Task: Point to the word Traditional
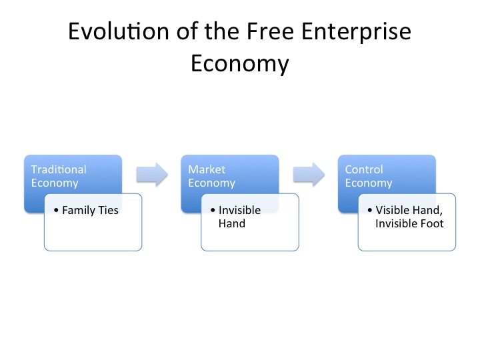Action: (59, 169)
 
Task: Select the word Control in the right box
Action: (364, 169)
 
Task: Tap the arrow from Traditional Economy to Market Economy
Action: (152, 175)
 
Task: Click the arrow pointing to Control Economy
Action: (309, 175)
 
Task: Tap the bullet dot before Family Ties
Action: (57, 211)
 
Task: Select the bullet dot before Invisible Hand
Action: (213, 211)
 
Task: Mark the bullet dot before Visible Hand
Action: (370, 211)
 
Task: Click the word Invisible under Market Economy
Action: (239, 210)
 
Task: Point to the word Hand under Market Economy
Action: (231, 223)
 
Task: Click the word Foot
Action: (437, 223)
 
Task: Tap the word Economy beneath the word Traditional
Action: (55, 183)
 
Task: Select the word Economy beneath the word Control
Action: (369, 183)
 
